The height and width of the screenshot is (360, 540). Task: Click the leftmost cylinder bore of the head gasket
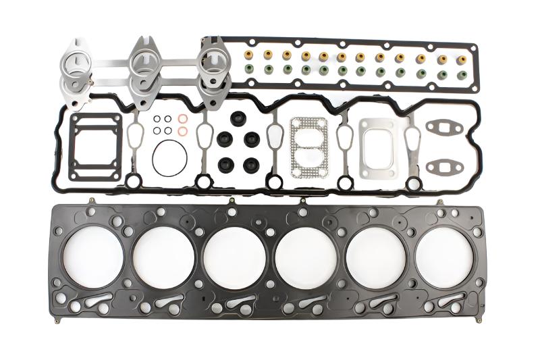click(92, 257)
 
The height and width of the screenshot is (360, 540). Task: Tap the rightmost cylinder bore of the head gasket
click(446, 257)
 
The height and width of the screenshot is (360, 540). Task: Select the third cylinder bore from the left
click(234, 257)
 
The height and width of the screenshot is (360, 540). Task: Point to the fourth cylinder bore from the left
click(304, 257)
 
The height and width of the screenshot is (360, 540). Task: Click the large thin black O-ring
click(169, 157)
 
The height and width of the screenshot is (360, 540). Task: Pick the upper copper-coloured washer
click(183, 119)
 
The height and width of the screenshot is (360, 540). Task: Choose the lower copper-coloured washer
click(183, 130)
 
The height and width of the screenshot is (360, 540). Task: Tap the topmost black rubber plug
click(237, 118)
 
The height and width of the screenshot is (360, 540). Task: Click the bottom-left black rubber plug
click(225, 164)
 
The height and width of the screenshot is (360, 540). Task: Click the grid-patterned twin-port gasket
click(308, 147)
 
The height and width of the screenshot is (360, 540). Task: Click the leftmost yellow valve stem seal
click(249, 53)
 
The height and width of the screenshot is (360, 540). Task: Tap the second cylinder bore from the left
click(163, 257)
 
